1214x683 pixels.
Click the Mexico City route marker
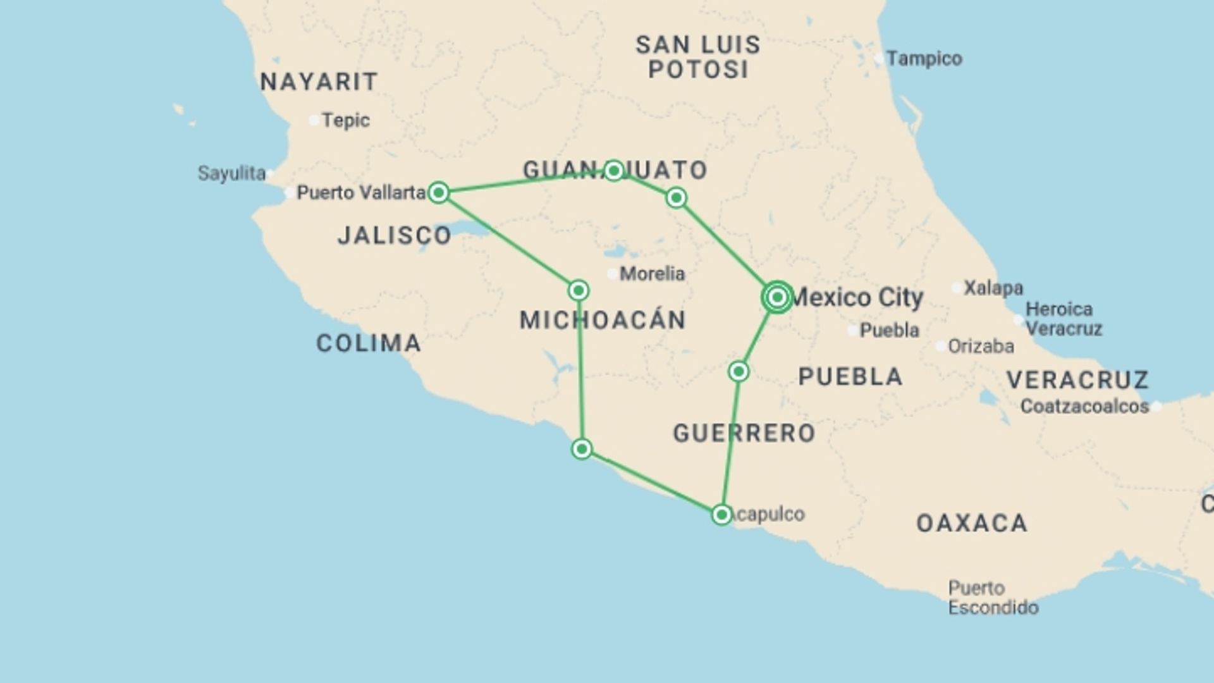pyautogui.click(x=777, y=297)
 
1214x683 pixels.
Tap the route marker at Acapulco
pyautogui.click(x=721, y=515)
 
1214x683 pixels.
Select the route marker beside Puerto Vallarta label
pyautogui.click(x=439, y=192)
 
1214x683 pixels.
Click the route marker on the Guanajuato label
pyautogui.click(x=613, y=170)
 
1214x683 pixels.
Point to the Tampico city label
pyautogui.click(x=924, y=59)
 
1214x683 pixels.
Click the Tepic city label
pyautogui.click(x=345, y=120)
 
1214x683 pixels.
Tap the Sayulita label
pyautogui.click(x=231, y=173)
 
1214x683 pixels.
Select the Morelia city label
pyautogui.click(x=652, y=274)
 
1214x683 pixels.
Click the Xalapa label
pyautogui.click(x=993, y=288)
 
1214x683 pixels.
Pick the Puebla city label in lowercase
pyautogui.click(x=889, y=330)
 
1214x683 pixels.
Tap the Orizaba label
pyautogui.click(x=981, y=347)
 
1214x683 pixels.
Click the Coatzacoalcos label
pyautogui.click(x=1084, y=406)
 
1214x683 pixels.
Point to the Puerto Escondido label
pyautogui.click(x=993, y=598)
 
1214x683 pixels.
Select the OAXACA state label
pyautogui.click(x=972, y=524)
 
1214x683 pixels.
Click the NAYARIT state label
pyautogui.click(x=319, y=82)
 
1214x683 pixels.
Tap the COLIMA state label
pyautogui.click(x=369, y=343)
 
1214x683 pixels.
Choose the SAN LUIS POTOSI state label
pyautogui.click(x=698, y=57)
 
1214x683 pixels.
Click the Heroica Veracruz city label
pyautogui.click(x=1064, y=319)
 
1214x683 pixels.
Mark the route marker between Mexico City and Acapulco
pyautogui.click(x=739, y=371)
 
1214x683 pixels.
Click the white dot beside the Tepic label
pyautogui.click(x=314, y=120)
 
